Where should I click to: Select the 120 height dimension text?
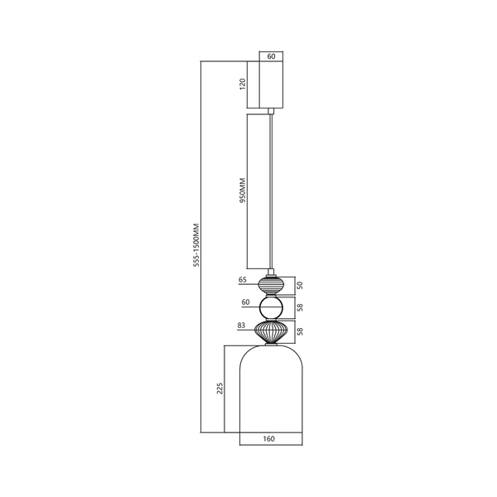click(x=243, y=85)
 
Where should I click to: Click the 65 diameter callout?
click(x=244, y=280)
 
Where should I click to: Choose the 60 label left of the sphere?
click(x=245, y=303)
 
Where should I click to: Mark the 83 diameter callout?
click(x=241, y=326)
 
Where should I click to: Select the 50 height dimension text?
click(x=300, y=285)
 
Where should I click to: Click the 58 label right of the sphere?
click(x=300, y=307)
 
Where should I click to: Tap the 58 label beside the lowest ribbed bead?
click(x=300, y=332)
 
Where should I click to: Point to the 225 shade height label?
click(x=220, y=389)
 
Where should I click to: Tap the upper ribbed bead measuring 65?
click(x=272, y=285)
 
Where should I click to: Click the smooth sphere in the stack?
click(x=272, y=309)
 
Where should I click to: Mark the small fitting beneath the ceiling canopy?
click(x=272, y=110)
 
